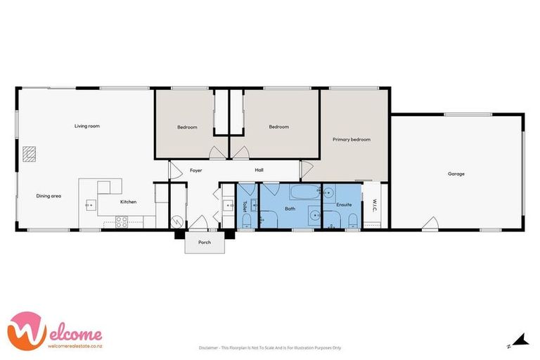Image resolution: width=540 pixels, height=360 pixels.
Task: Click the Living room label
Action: [x=87, y=127]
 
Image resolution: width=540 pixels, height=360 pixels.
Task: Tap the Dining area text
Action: [x=49, y=195]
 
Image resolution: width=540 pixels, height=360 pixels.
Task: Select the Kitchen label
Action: [x=128, y=202]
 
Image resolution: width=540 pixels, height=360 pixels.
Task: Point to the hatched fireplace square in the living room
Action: [x=29, y=153]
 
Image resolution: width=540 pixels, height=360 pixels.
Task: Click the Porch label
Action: [x=205, y=243]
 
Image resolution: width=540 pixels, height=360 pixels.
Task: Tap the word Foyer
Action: [x=196, y=170]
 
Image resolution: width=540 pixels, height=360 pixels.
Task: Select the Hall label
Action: [x=259, y=170]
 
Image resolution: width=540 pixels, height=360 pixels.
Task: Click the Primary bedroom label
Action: [x=351, y=140]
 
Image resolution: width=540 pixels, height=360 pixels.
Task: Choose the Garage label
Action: [x=456, y=174]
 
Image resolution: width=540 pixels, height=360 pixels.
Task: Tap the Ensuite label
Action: [x=344, y=205]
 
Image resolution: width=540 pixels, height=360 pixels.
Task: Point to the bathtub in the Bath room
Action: [x=303, y=192]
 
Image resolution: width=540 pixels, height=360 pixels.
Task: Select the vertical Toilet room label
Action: [x=245, y=206]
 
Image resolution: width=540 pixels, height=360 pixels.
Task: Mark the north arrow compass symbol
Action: [x=520, y=341]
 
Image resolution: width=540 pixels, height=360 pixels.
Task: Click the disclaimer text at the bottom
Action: [x=270, y=347]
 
